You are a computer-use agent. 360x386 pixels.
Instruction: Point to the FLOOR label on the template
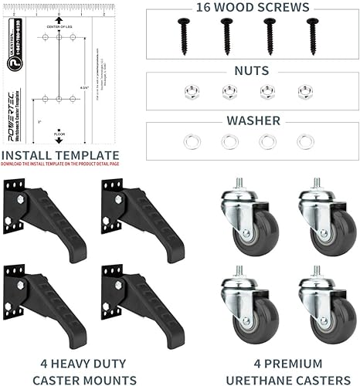59,136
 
